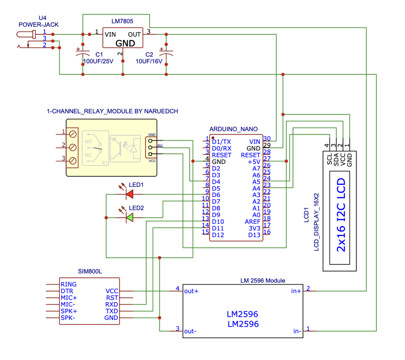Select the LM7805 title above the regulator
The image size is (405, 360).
122,21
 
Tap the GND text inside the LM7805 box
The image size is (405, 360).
125,43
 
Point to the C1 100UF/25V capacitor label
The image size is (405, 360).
98,58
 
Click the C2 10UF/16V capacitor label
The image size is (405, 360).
149,58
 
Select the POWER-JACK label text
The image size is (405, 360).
39,25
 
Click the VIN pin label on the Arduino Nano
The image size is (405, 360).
254,141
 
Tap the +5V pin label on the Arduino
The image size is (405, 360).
254,161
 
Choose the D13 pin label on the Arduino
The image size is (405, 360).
254,235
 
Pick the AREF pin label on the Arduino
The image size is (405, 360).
253,221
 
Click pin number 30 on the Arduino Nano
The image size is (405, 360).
267,139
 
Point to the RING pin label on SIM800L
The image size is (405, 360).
68,284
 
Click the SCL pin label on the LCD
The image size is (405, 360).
329,159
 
